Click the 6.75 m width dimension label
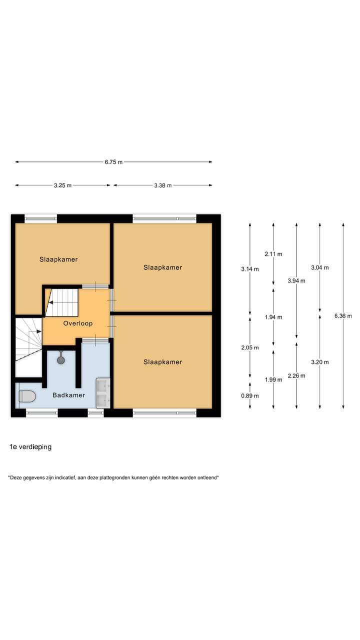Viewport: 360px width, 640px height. click(113, 162)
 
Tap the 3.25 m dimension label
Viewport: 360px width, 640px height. click(62, 185)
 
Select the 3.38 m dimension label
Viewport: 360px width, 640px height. click(162, 185)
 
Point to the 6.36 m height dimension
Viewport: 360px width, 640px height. click(343, 316)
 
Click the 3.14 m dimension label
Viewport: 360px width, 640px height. click(249, 269)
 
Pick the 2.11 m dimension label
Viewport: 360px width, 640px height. click(273, 254)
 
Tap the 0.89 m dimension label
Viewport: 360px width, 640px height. click(249, 396)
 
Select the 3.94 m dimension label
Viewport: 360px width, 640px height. click(296, 281)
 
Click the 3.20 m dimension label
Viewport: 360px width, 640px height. click(319, 362)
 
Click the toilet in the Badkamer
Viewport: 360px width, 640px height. click(27, 396)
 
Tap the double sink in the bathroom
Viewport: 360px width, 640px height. click(103, 392)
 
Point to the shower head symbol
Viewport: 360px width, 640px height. click(61, 358)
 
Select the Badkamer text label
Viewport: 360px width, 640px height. click(69, 395)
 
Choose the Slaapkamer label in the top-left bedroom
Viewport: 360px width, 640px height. click(58, 259)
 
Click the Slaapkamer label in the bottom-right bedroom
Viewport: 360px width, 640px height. click(162, 362)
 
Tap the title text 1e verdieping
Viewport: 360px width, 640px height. click(30, 447)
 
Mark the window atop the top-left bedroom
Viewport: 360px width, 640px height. click(41, 218)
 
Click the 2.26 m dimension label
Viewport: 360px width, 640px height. click(296, 376)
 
